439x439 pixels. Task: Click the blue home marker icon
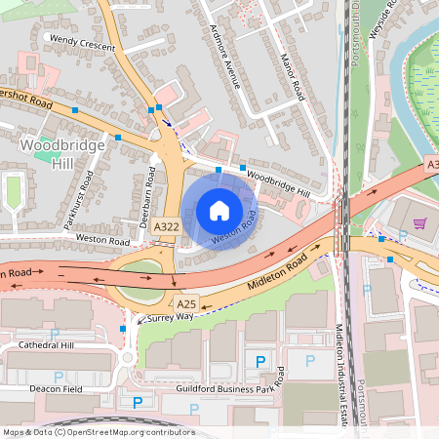point(219,211)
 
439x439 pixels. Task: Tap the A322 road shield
point(167,226)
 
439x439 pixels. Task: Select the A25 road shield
point(188,303)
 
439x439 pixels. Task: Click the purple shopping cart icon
point(419,223)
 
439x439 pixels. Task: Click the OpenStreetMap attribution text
point(98,432)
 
